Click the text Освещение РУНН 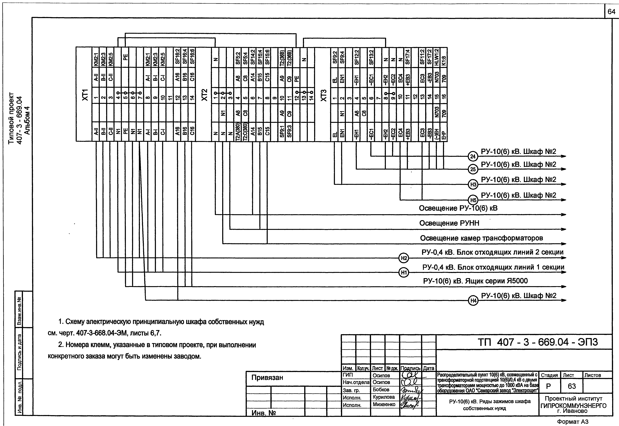(x=449, y=223)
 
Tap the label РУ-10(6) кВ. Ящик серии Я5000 (x=475, y=281)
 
